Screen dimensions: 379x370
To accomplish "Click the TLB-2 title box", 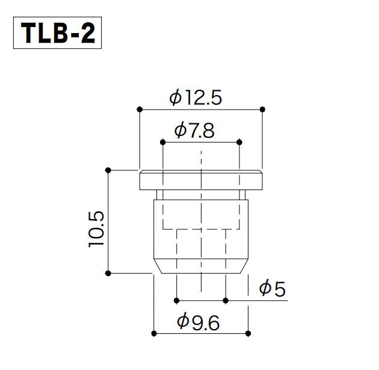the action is point(57,32).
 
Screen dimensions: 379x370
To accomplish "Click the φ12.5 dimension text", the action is point(196,97).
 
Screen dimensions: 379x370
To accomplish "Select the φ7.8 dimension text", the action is point(194,131).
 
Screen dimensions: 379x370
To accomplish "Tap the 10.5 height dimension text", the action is point(96,229).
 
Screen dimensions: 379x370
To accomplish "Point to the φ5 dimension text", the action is point(272,288).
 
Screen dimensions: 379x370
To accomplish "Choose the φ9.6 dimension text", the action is point(198,322).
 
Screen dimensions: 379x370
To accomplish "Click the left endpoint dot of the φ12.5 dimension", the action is point(140,109).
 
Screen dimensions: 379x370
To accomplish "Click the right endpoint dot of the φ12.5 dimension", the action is point(262,109).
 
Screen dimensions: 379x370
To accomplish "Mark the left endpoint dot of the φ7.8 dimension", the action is point(162,142).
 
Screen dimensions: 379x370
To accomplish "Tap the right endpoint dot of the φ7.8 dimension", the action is point(239,142).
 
